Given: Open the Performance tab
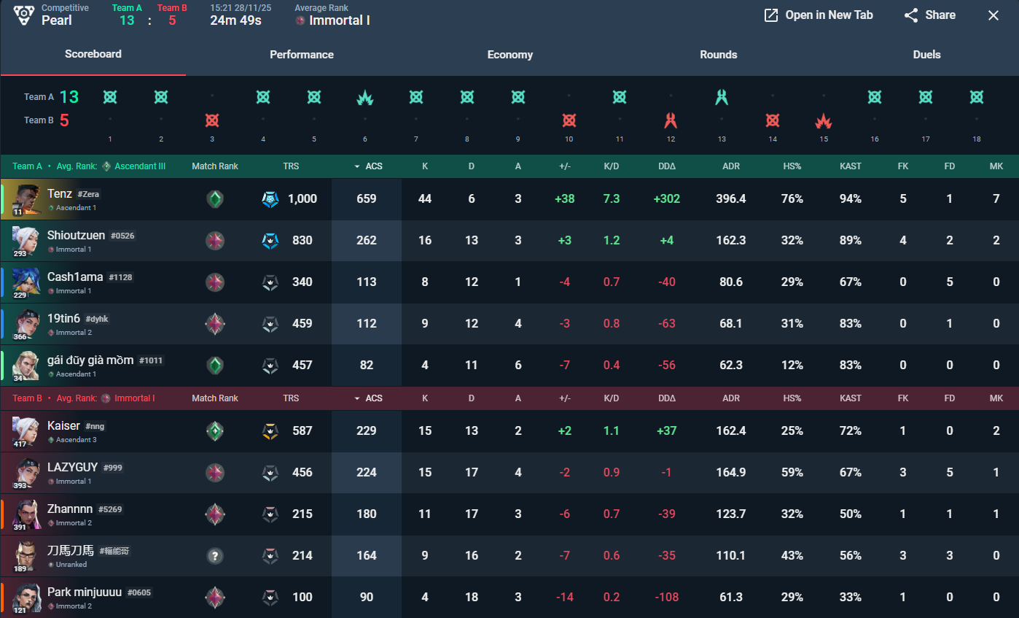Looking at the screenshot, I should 302,55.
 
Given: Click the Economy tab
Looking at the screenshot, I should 510,55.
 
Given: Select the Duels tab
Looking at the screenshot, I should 926,55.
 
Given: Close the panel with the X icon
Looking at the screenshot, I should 993,15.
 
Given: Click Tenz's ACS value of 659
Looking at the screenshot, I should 367,198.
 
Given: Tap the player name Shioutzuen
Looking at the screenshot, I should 77,235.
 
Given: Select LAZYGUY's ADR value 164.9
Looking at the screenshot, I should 731,472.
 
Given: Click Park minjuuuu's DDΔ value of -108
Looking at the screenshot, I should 667,597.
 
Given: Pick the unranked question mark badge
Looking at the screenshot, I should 214,555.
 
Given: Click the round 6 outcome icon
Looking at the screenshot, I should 365,97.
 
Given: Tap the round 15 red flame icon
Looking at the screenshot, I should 824,120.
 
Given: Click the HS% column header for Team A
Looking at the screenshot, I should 792,166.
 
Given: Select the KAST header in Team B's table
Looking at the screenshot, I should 851,398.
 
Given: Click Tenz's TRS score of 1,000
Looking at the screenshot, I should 302,198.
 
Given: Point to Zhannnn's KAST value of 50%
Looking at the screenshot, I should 851,514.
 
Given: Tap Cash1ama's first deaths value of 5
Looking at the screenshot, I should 950,282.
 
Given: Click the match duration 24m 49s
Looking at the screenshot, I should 235,20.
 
